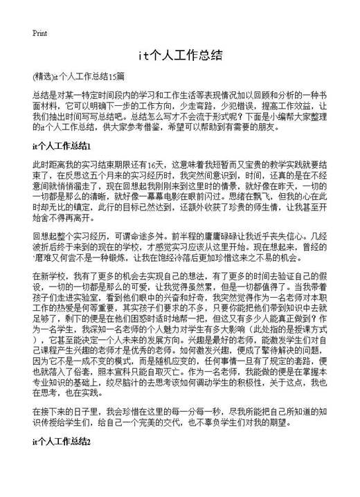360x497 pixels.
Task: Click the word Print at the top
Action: coord(39,33)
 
